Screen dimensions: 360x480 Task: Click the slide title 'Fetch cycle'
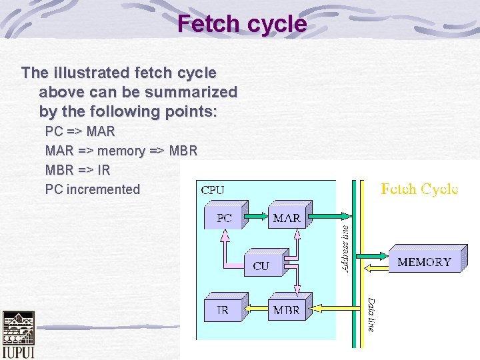[x=242, y=25]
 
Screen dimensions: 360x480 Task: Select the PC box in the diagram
[x=224, y=218]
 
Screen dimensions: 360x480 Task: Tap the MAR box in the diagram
[x=287, y=218]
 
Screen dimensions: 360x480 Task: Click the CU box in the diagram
[x=261, y=265]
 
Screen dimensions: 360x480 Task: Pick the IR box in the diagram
[x=223, y=309]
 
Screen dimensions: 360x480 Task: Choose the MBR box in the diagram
[x=287, y=309]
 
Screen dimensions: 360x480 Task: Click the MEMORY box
[x=424, y=262]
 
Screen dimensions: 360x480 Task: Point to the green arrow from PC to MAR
[x=255, y=217]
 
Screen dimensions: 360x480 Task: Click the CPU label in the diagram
[x=213, y=190]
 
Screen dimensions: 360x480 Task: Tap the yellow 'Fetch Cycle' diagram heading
[x=419, y=189]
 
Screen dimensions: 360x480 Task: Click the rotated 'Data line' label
[x=371, y=315]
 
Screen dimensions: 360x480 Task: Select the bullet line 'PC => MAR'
[x=80, y=131]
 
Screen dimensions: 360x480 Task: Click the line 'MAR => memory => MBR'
[x=121, y=151]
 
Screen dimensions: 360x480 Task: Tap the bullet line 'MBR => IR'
[x=77, y=170]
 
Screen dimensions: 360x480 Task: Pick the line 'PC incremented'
[x=93, y=189]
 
